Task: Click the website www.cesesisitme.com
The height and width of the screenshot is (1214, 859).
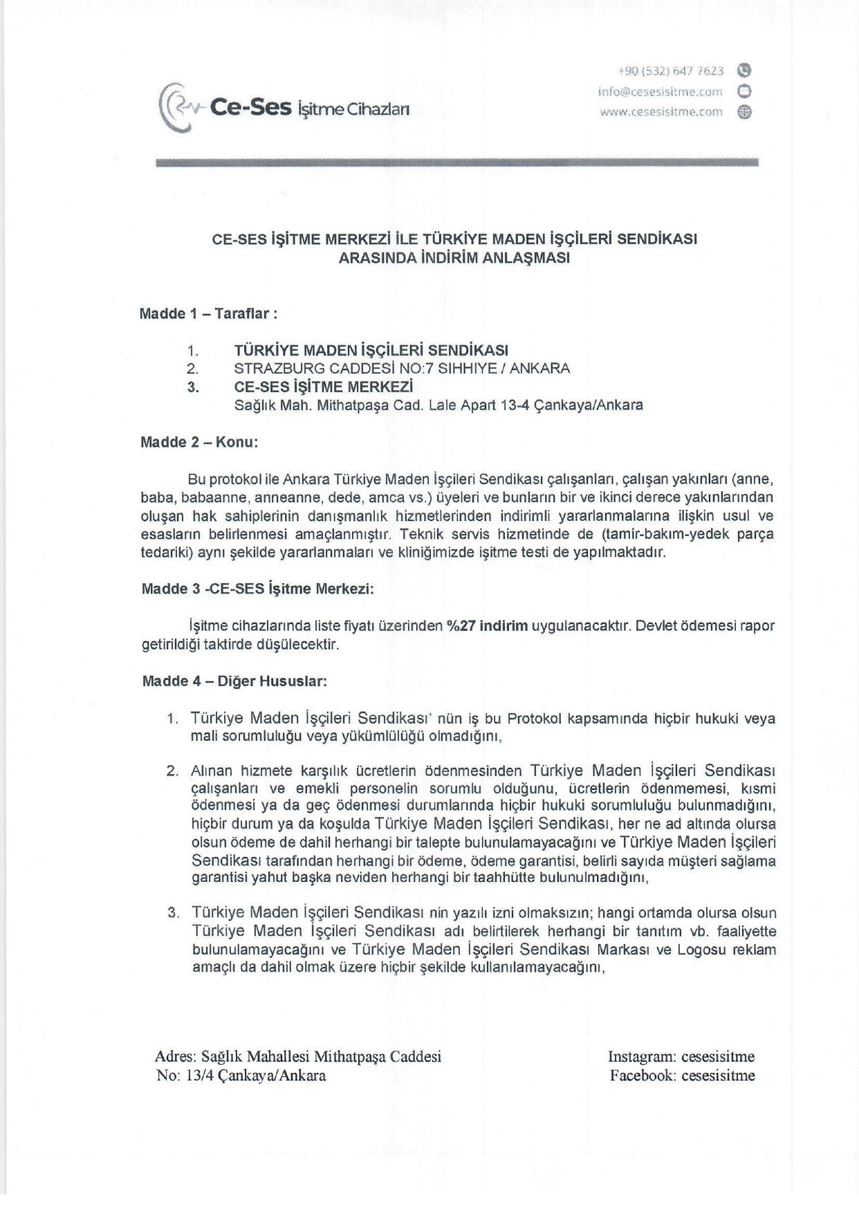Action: (661, 111)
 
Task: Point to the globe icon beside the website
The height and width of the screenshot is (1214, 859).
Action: (744, 112)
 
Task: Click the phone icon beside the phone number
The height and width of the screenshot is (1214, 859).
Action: (744, 71)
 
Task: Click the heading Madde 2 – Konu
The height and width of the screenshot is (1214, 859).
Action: (199, 441)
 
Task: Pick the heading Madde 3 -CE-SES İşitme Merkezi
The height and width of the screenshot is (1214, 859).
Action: (257, 589)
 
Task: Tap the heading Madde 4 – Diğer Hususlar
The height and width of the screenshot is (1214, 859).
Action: (234, 681)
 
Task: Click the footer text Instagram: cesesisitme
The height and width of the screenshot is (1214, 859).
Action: (681, 1056)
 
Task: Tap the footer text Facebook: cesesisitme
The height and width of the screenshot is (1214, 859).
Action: (682, 1075)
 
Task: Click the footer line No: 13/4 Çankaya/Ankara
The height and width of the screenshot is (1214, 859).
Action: (241, 1075)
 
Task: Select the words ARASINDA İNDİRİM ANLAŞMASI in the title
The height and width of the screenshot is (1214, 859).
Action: (454, 258)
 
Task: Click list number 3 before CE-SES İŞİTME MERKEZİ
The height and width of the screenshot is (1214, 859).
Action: (193, 387)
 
